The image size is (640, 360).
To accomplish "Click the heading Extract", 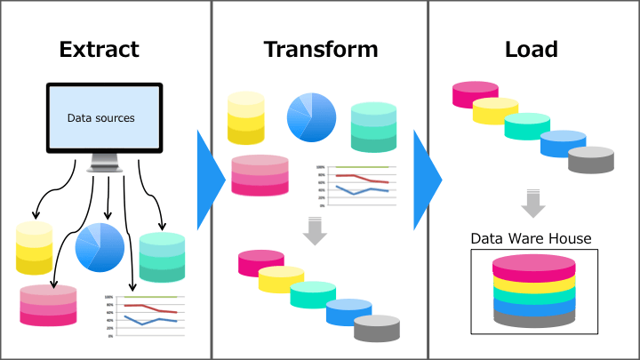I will coord(99,49).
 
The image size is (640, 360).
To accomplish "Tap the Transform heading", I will coord(320,49).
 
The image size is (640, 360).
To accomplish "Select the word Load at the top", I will coord(531,49).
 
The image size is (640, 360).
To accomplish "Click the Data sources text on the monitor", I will coord(100,117).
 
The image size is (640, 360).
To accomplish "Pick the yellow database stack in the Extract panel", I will coord(34,248).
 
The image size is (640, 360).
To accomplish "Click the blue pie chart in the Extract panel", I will coord(100,247).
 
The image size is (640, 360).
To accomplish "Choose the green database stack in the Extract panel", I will coord(162,257).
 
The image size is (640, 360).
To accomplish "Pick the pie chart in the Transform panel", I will coord(311,116).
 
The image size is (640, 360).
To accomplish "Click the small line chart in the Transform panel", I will coord(352,185).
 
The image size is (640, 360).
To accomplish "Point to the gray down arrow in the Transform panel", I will coord(315,231).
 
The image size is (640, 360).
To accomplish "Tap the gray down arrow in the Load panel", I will coord(532,203).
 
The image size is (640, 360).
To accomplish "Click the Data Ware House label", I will coord(531,238).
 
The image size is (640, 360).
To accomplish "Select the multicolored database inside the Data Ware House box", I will coord(533,292).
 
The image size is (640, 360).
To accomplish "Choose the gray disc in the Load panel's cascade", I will coord(591,160).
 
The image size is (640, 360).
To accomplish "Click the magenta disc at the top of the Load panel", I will coord(476,94).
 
